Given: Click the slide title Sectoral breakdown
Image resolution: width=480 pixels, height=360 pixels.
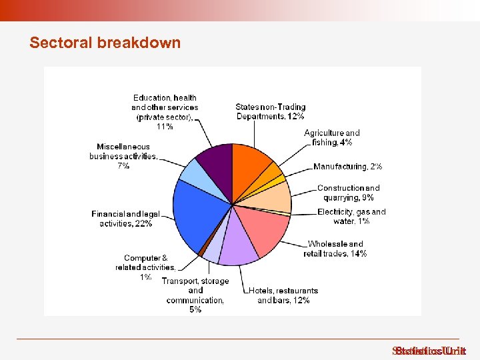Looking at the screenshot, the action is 105,43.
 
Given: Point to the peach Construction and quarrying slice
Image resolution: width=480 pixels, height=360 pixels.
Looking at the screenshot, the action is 273,197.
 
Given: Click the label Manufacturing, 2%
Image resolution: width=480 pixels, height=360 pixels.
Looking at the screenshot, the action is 347,167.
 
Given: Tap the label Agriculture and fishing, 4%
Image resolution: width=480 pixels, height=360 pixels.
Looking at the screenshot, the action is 331,138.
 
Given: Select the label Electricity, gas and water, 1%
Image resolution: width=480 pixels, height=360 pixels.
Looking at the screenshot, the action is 351,217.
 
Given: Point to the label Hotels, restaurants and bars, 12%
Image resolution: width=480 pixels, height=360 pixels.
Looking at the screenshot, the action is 283,295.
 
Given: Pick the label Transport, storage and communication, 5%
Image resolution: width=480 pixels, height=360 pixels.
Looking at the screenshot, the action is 195,295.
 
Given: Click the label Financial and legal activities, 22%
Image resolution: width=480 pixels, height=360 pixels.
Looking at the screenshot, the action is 125,219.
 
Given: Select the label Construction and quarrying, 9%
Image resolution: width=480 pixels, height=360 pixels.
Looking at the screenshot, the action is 348,193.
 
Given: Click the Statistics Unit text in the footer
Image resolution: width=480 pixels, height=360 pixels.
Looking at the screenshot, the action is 429,351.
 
